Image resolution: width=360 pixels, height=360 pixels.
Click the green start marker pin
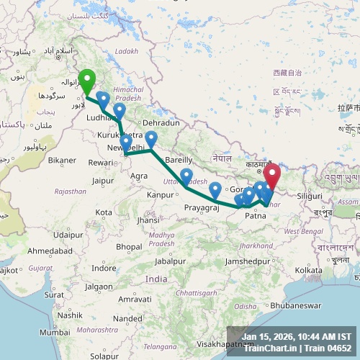coord(87,81)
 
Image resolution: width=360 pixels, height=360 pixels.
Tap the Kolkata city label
coord(308,270)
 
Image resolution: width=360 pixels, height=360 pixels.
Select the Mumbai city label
coord(55,332)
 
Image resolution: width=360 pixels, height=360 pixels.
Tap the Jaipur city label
coord(104,181)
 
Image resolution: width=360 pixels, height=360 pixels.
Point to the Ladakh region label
coord(125,51)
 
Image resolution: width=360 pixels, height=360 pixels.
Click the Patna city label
coord(256,215)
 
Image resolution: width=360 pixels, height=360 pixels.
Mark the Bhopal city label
coord(129,246)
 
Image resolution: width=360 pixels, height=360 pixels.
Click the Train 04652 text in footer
coord(327,348)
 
